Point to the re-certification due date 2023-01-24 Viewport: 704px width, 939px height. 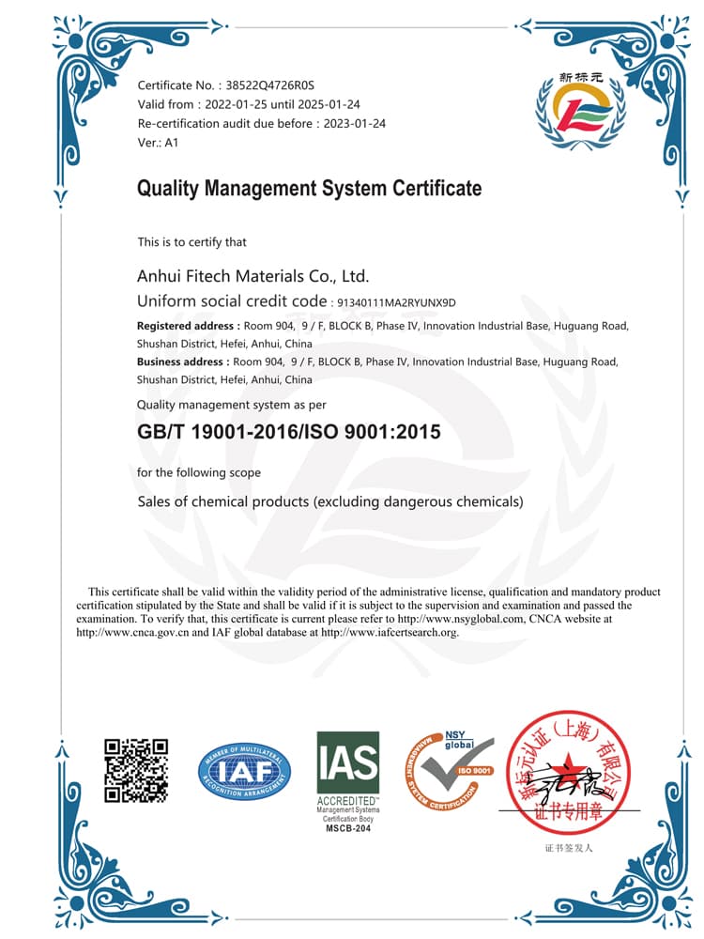(354, 123)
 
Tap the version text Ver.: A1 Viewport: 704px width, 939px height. (158, 143)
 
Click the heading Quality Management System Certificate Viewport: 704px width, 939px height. (309, 189)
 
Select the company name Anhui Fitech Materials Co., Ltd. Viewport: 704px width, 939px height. (253, 276)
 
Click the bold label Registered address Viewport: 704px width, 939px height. (187, 326)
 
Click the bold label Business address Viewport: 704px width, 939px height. (182, 362)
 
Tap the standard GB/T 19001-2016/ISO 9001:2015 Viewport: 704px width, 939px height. (288, 432)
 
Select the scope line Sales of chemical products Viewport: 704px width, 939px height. (330, 501)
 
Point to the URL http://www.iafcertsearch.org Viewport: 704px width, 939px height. (390, 632)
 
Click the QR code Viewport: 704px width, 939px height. (136, 771)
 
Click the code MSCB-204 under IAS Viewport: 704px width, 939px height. (348, 828)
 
